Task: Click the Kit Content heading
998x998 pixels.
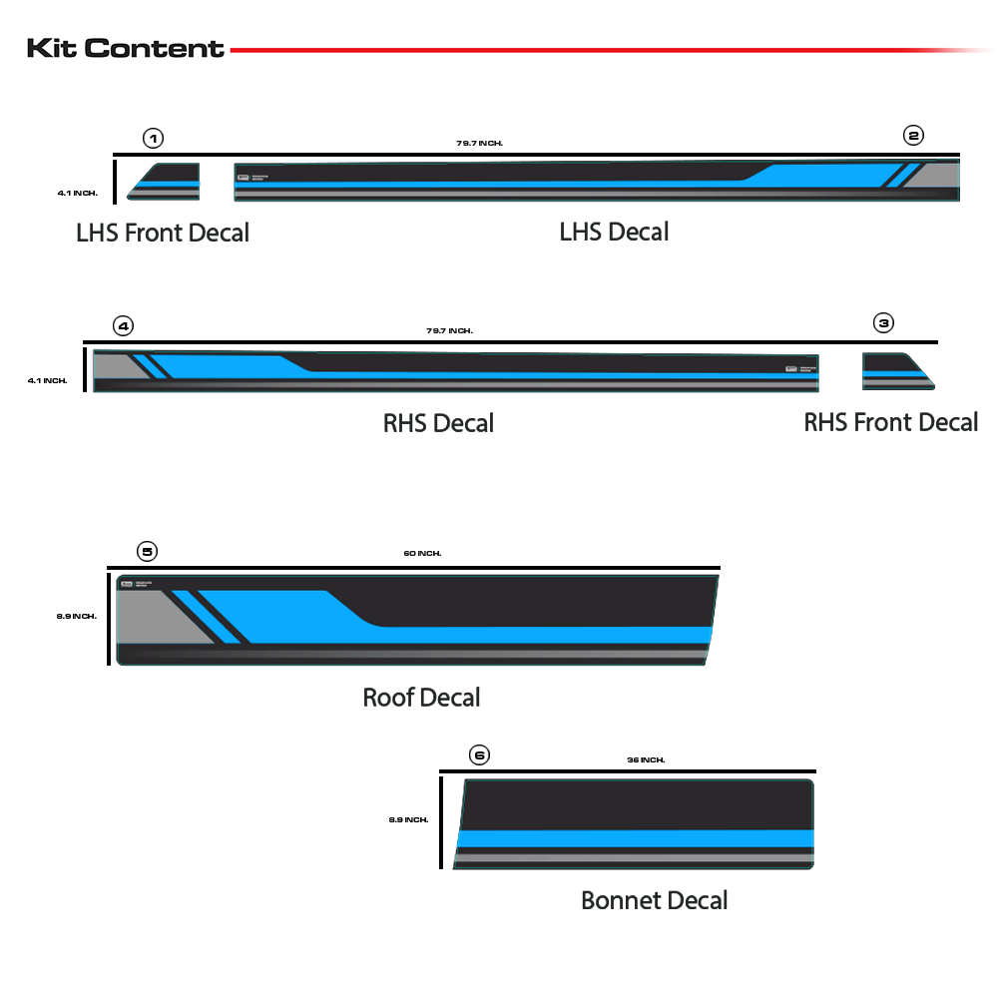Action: tap(126, 48)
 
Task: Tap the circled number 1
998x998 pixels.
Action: tap(153, 138)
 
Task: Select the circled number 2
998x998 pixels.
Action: tap(913, 135)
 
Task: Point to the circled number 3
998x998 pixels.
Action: tap(883, 322)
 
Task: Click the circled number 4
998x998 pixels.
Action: tap(123, 325)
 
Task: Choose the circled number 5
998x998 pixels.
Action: tap(147, 551)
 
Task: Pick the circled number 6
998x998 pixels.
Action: tap(479, 754)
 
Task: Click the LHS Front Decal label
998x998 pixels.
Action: tap(163, 233)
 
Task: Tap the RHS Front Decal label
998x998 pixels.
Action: tap(890, 422)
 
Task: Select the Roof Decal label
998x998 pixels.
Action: tap(421, 697)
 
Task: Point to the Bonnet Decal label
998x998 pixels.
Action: tap(654, 900)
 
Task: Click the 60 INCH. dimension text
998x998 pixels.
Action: tap(422, 553)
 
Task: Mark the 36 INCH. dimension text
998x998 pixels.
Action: tap(646, 759)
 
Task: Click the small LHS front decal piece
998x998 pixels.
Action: tap(164, 181)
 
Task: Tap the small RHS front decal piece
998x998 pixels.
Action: tap(897, 371)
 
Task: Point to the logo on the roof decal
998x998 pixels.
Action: tap(127, 583)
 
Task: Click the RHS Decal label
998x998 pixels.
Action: tap(438, 423)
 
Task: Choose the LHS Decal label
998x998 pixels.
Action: tap(614, 232)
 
